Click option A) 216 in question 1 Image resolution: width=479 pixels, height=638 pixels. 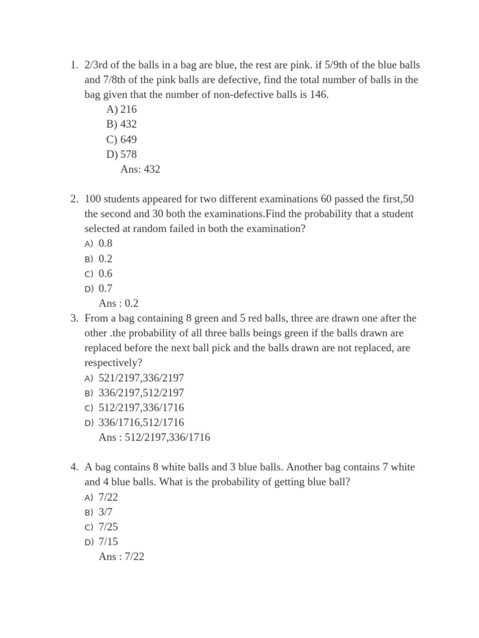pos(122,110)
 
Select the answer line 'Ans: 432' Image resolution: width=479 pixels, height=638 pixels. pos(140,169)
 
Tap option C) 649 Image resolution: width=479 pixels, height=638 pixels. pos(122,139)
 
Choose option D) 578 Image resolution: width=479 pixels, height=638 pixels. pos(122,154)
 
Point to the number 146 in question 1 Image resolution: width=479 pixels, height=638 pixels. pos(317,95)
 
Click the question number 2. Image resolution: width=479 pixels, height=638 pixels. pos(73,199)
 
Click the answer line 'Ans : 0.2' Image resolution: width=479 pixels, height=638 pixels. pos(119,303)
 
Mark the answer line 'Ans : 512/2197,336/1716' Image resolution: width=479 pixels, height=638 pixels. pos(154,437)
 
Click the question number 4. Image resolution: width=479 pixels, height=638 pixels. pos(73,467)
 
